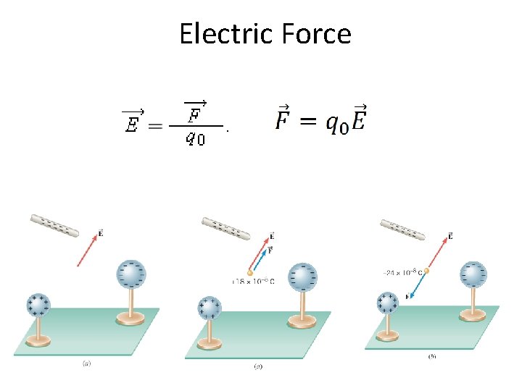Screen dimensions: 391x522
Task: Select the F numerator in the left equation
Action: (x=194, y=114)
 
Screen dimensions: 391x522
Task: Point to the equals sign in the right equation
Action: (x=308, y=121)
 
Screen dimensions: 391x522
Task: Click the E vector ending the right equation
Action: (x=357, y=119)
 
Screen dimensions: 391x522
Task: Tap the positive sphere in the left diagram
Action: (x=38, y=305)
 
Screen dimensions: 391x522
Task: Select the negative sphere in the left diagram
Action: (x=131, y=274)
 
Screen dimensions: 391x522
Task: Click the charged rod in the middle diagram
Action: (x=225, y=227)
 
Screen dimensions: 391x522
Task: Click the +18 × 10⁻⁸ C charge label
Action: (x=253, y=281)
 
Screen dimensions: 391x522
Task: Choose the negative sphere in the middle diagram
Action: (x=302, y=277)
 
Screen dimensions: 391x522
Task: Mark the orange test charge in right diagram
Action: (x=426, y=272)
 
